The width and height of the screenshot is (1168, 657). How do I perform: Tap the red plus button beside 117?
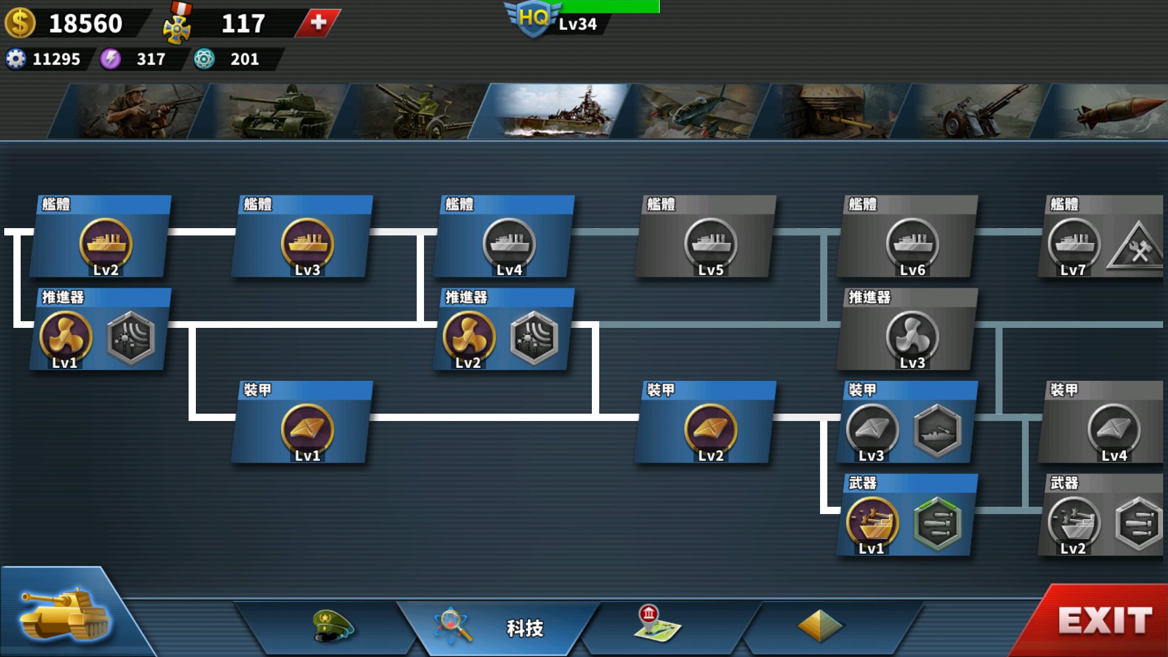318,23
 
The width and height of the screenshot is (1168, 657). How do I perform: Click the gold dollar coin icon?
20,23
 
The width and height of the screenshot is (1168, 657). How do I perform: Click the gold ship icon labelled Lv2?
106,243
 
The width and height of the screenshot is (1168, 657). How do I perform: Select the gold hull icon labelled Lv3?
307,243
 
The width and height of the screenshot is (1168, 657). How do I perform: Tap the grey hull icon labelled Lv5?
711,243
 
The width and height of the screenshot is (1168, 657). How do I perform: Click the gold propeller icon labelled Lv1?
66,336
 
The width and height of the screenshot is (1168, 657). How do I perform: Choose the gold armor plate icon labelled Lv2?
711,429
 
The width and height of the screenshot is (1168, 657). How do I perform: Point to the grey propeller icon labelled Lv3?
912,336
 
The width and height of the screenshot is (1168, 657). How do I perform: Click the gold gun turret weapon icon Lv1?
872,523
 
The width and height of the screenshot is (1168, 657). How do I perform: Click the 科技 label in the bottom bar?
524,628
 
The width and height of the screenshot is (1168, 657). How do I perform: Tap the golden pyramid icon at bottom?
819,625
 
